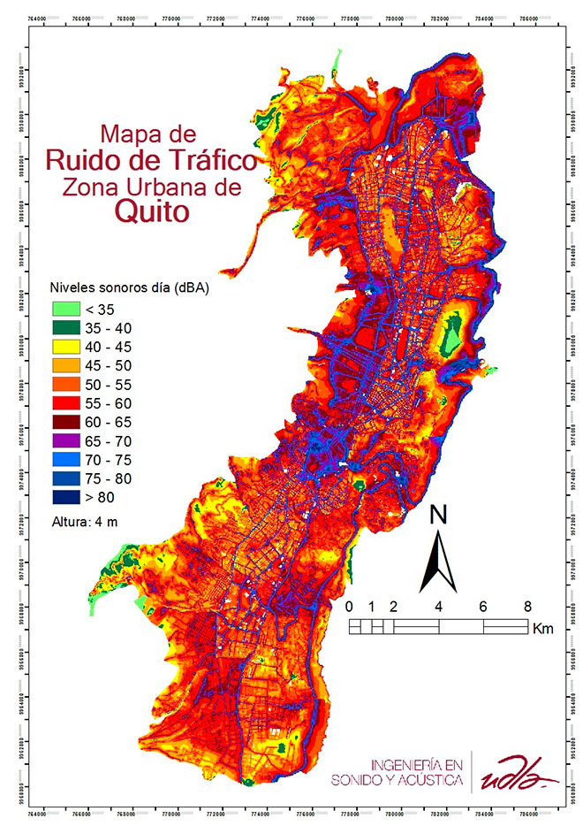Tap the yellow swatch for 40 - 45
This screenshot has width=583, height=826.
pyautogui.click(x=63, y=347)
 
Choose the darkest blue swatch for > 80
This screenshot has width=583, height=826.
pyautogui.click(x=63, y=496)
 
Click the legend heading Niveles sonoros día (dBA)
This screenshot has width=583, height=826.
pyautogui.click(x=128, y=288)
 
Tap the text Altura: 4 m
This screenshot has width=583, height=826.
pyautogui.click(x=85, y=521)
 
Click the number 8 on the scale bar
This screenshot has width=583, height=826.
pyautogui.click(x=527, y=607)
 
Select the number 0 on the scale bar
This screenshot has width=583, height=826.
pyautogui.click(x=350, y=607)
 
